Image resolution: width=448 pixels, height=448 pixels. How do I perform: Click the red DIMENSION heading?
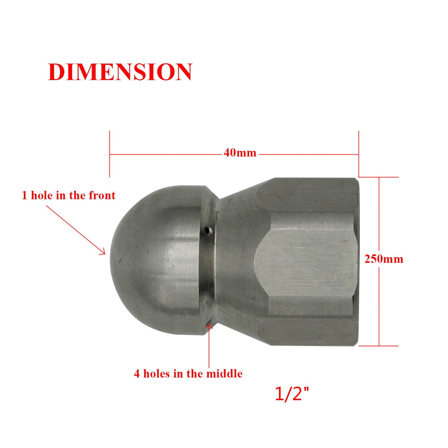click(120, 72)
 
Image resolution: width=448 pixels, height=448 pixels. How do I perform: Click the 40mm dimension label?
click(240, 153)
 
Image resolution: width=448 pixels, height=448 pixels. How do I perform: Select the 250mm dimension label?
click(383, 259)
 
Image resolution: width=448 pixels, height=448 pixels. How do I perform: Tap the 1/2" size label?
click(291, 394)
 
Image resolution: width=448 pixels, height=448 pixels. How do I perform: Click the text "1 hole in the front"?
click(68, 196)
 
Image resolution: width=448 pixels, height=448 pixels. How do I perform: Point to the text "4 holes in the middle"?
click(188, 374)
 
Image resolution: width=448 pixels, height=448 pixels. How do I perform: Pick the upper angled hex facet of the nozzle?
click(308, 194)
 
